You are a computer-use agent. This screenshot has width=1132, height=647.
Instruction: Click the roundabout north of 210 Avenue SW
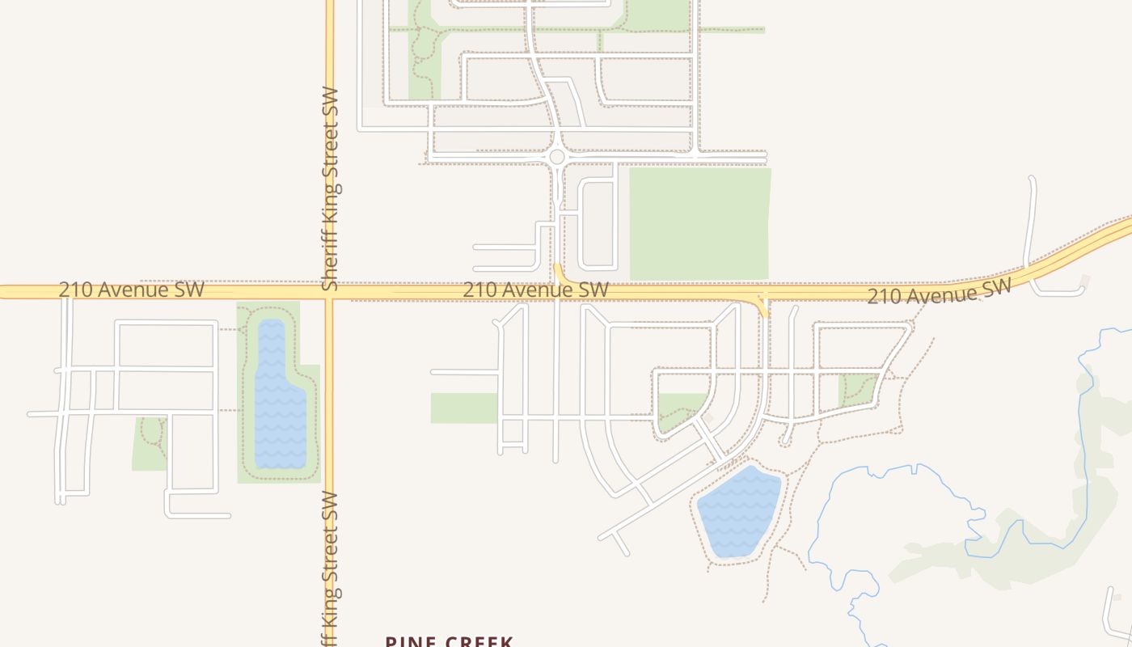[x=556, y=157]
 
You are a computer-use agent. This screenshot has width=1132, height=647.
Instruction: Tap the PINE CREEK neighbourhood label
[x=449, y=641]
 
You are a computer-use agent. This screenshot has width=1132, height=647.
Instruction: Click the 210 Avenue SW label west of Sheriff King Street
[x=131, y=290]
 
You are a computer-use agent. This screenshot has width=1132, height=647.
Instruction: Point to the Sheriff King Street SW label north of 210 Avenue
[x=330, y=188]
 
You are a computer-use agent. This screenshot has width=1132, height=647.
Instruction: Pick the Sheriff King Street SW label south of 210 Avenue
[x=330, y=566]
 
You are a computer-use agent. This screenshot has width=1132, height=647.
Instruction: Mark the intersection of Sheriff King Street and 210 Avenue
[x=329, y=293]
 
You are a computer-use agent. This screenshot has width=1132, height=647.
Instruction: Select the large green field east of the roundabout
[x=699, y=223]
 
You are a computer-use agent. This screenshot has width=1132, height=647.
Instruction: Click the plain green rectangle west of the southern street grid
[x=463, y=408]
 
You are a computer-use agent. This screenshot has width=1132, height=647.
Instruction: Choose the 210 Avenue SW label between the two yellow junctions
[x=535, y=290]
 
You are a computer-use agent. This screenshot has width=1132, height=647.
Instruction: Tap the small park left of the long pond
[x=149, y=443]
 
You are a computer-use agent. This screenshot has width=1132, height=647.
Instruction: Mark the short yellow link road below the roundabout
[x=559, y=273]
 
